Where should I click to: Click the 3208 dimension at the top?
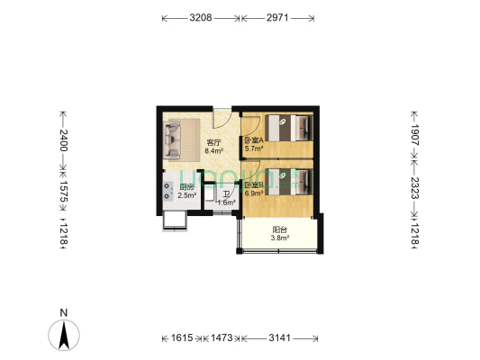click(200, 17)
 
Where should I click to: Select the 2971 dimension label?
click(278, 17)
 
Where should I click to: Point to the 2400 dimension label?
click(63, 139)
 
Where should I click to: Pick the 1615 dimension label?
click(183, 337)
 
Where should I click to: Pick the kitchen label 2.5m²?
click(186, 195)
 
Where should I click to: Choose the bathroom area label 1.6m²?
click(225, 202)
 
